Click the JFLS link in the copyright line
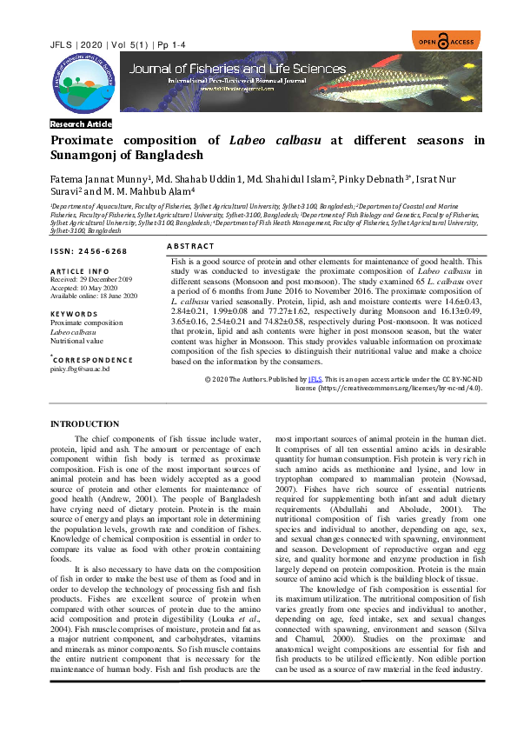pos(315,380)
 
